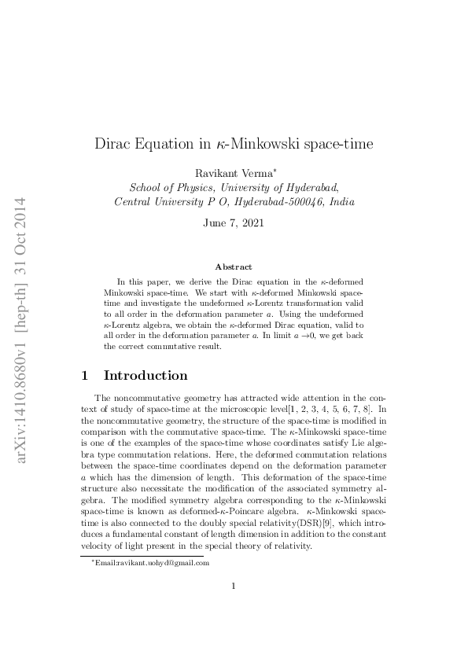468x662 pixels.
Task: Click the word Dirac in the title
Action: (x=113, y=145)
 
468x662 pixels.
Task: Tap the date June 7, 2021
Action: (x=234, y=223)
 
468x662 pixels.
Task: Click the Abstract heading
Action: (x=234, y=267)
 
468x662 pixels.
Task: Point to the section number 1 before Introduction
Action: (x=86, y=375)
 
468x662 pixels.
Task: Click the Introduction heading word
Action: (x=146, y=375)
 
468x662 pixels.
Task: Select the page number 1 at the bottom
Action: (x=234, y=584)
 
